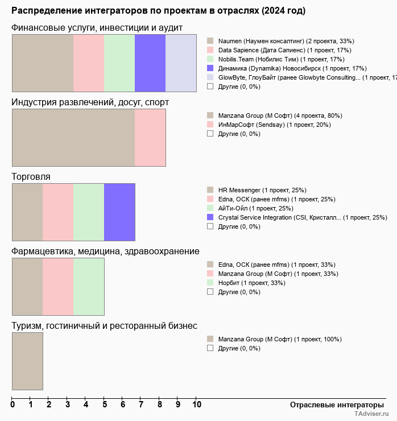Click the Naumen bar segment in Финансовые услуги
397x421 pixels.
[x=43, y=63]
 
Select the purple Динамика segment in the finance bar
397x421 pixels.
[x=150, y=63]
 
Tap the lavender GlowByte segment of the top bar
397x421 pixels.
[x=181, y=63]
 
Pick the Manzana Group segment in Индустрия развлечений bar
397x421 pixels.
[x=73, y=138]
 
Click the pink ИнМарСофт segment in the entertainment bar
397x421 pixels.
[x=150, y=138]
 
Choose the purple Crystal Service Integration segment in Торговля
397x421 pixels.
[x=119, y=212]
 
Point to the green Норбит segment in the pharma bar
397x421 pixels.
[x=89, y=287]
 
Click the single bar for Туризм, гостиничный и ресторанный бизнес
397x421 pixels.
[x=27, y=361]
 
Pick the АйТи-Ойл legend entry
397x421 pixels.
[x=255, y=208]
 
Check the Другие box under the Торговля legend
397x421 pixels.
[x=210, y=226]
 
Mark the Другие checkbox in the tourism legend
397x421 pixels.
[x=210, y=348]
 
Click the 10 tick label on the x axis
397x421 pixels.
[x=196, y=405]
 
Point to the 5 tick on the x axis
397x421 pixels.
[x=104, y=405]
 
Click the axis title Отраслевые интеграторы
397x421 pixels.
[x=333, y=405]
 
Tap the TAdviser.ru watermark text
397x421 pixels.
[x=372, y=414]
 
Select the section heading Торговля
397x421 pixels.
[x=31, y=177]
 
